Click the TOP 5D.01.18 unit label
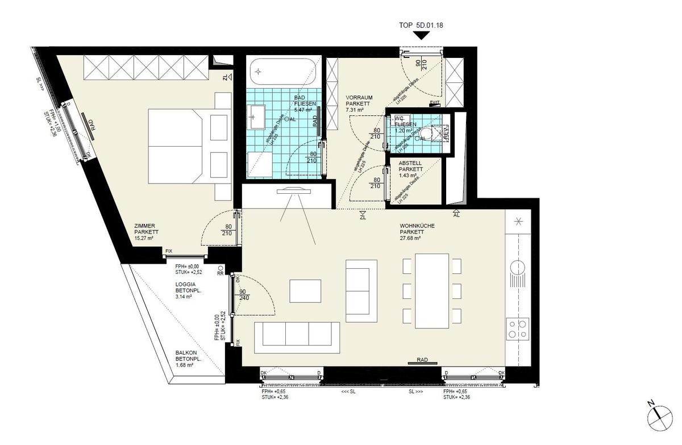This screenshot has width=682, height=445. click(421, 26)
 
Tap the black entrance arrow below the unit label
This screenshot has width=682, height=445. click(421, 36)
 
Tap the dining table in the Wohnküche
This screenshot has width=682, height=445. click(432, 291)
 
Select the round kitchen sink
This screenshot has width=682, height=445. click(517, 267)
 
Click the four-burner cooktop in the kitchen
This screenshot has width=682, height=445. click(517, 328)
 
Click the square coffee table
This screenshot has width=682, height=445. click(305, 291)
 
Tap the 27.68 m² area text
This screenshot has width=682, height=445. click(410, 239)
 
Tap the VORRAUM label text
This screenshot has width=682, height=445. click(359, 97)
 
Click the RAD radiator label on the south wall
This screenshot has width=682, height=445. click(422, 360)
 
